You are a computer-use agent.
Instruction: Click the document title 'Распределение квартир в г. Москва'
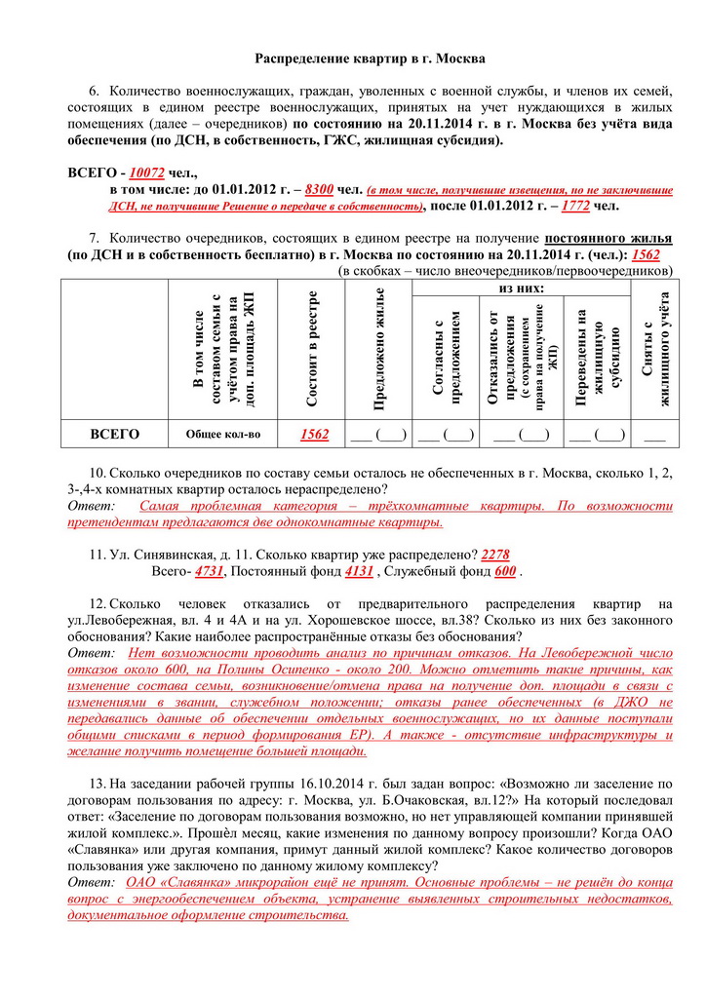click(x=370, y=59)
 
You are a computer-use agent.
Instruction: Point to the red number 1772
click(x=576, y=206)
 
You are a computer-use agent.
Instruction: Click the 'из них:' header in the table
click(x=522, y=288)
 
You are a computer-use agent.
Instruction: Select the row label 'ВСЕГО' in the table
click(x=113, y=434)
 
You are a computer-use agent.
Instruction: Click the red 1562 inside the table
click(x=314, y=434)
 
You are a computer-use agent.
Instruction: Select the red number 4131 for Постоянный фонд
click(x=360, y=571)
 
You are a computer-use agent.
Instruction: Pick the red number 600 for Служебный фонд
click(x=505, y=571)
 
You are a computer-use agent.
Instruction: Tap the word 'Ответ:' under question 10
click(x=91, y=507)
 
